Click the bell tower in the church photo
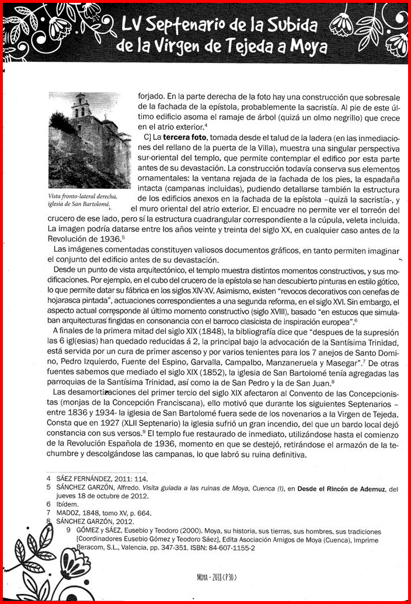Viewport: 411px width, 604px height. pyautogui.click(x=81, y=106)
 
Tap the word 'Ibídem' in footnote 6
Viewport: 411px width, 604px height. pyautogui.click(x=68, y=504)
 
